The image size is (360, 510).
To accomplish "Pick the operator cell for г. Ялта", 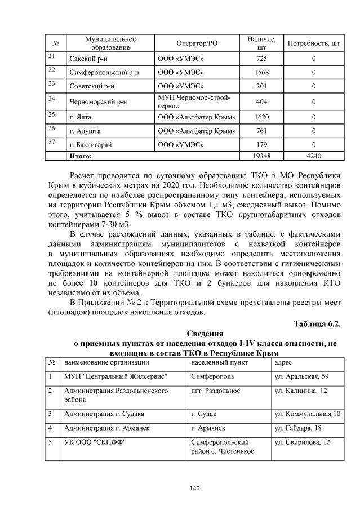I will coord(196,117).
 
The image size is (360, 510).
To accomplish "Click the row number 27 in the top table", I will coord(52,142).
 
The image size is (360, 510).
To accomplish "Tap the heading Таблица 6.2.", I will coord(317,323).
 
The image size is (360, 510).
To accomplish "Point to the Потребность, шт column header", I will coord(313,43).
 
